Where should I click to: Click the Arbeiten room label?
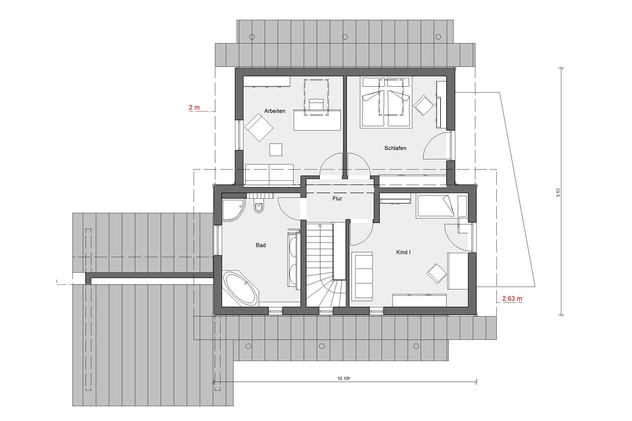click(274, 111)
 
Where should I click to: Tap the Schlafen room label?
click(395, 148)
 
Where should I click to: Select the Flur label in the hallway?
click(337, 199)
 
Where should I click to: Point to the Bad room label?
click(261, 245)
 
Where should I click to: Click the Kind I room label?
click(403, 252)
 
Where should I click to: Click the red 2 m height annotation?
click(194, 107)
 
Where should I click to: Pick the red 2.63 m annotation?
click(512, 299)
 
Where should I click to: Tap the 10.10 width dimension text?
click(343, 378)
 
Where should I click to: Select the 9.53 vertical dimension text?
click(558, 193)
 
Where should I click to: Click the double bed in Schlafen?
click(386, 103)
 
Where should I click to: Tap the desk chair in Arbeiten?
click(316, 104)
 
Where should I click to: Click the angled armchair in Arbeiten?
click(259, 127)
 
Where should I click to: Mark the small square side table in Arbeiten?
click(276, 150)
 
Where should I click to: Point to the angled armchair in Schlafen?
click(423, 105)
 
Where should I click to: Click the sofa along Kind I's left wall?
click(362, 277)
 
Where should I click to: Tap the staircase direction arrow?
click(320, 225)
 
